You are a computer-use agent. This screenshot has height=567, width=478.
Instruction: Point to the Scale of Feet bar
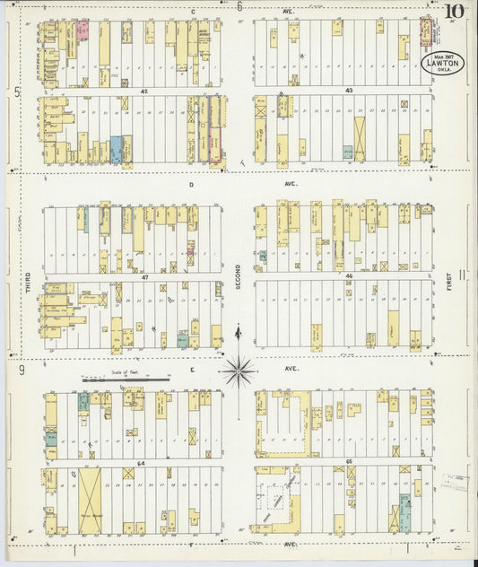click(x=126, y=379)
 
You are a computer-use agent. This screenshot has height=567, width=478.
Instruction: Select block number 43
click(x=345, y=92)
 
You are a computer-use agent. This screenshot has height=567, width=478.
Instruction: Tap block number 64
click(x=140, y=463)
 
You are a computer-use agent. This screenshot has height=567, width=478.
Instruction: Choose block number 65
click(x=346, y=463)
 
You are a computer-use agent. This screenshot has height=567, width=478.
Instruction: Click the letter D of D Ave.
click(x=191, y=184)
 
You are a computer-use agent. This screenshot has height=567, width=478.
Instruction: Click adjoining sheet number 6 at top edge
click(x=239, y=7)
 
